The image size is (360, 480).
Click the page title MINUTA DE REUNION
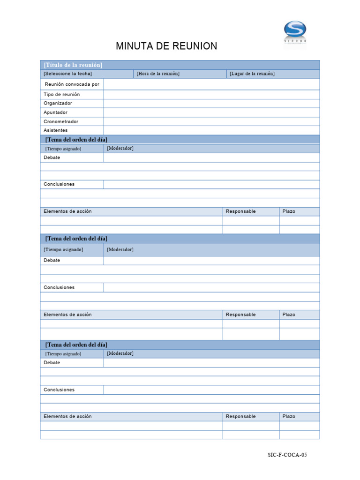166,46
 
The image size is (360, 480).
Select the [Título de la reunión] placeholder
73,65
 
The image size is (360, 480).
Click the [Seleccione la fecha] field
68,74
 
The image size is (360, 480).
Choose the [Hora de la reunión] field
158,74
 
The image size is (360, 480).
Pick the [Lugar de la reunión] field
252,74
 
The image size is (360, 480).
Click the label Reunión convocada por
72,84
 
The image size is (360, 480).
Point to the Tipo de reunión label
61,94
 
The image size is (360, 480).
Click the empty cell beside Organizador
211,103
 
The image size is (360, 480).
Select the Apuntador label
55,112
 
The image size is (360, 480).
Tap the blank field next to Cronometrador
211,121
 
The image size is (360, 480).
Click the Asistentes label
55,130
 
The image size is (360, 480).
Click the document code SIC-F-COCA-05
287,455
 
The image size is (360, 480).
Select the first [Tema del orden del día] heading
76,140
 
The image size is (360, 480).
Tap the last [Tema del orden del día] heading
76,345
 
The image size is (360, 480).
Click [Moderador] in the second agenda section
120,249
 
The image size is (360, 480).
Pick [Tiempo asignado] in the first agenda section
63,149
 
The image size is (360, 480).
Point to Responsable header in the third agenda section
240,416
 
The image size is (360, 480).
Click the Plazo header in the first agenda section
289,211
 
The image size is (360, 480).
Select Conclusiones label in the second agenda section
59,287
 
